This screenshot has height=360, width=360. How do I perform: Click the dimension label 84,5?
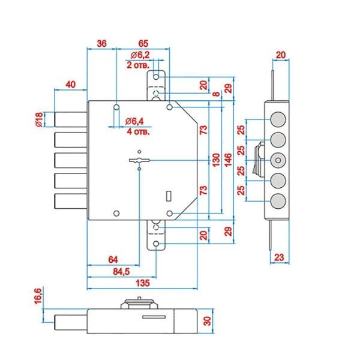pos(121,272)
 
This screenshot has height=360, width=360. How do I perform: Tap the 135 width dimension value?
pos(143,283)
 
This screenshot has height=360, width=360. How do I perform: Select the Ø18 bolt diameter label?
pos(39,119)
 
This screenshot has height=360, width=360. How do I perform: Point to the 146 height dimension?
pos(228,160)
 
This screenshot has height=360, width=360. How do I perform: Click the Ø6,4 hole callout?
pos(134,121)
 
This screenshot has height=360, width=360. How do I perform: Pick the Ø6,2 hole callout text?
pos(140,55)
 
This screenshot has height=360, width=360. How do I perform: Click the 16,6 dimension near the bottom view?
pos(38,296)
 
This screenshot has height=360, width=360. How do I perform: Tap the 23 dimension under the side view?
pos(279,257)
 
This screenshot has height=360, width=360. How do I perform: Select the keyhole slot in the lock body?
pos(139,160)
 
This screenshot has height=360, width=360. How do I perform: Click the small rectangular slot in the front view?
pos(169,196)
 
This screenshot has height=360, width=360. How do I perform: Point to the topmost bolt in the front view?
pos(71,119)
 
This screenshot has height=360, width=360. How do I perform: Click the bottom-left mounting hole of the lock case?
pos(116,213)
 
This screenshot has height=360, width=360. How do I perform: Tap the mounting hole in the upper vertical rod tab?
pos(156,77)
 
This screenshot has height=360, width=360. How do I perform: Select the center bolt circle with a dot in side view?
pos(278,160)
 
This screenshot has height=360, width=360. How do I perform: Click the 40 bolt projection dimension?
pos(71,85)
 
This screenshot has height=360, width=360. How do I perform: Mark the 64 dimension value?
pos(113,260)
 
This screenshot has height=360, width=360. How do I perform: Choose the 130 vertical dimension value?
pos(216,160)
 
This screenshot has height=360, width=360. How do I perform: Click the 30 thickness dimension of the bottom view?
pos(207,321)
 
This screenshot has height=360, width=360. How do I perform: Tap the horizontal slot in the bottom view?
pos(154,317)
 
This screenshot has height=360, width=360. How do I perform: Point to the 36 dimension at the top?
pos(102,43)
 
